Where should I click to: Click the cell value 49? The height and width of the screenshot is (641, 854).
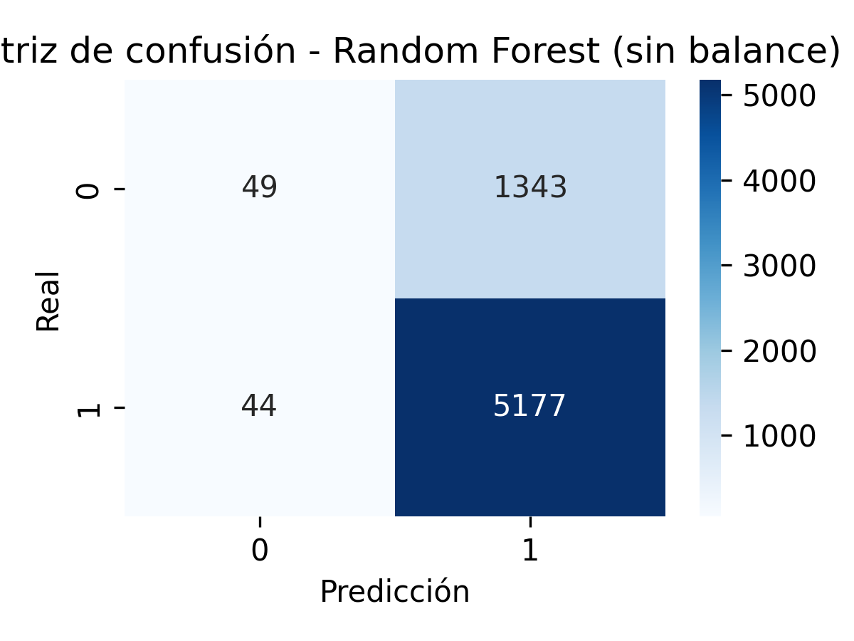[x=259, y=187]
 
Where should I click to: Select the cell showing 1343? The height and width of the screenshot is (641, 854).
[x=530, y=187]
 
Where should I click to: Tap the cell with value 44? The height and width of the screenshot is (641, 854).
[x=259, y=406]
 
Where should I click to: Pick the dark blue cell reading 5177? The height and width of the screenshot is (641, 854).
[x=530, y=406]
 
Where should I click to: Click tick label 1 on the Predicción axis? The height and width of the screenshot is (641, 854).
[x=530, y=552]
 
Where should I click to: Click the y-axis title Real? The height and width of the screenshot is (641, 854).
[x=48, y=301]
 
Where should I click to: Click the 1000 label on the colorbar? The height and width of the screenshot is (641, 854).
[x=779, y=436]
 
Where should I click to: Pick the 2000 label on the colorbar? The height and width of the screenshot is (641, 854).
[x=779, y=351]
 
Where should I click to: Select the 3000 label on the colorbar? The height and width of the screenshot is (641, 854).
[x=779, y=266]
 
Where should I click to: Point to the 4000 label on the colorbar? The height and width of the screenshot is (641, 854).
[x=779, y=181]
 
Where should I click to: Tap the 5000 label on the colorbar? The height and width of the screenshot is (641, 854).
[x=779, y=96]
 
